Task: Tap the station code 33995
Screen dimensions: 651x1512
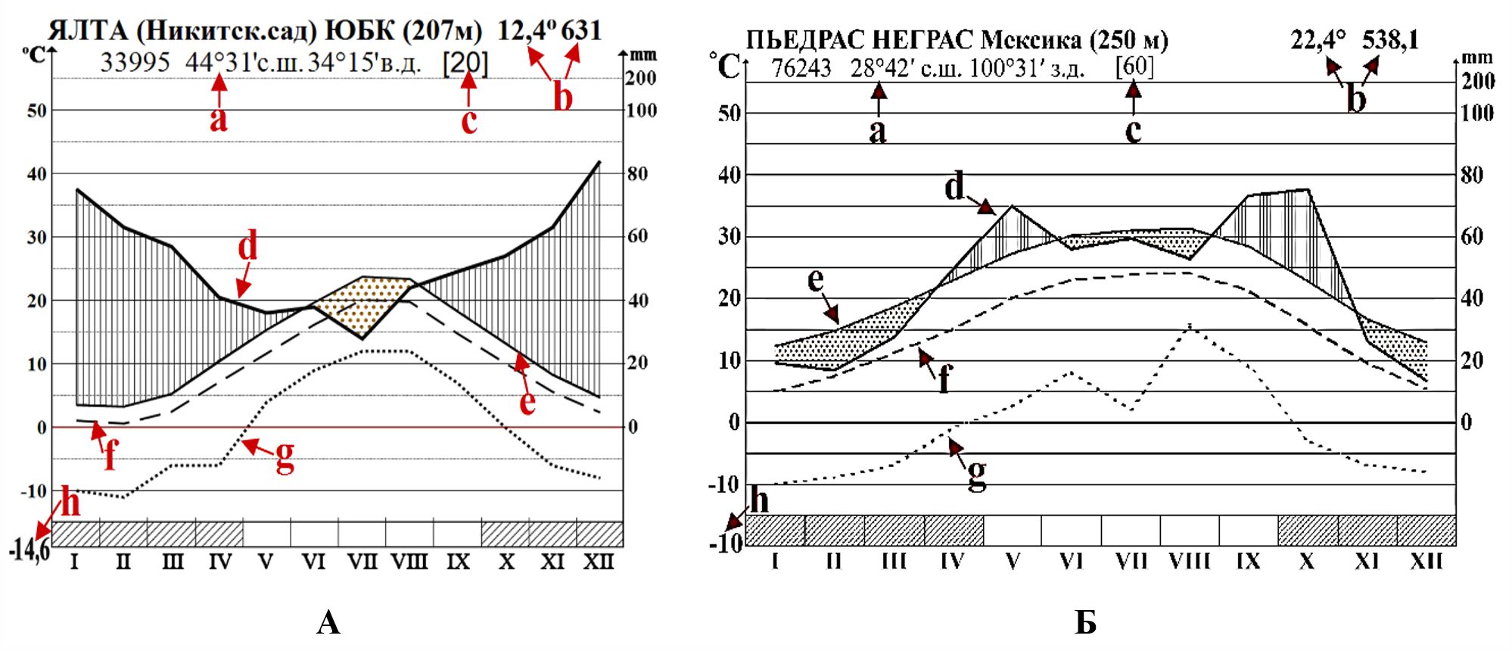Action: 135,62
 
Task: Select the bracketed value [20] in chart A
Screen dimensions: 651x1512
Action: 465,64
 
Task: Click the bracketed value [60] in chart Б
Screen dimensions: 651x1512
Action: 1134,67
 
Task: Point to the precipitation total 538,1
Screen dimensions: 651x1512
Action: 1390,39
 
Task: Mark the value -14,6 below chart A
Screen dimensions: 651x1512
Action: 29,550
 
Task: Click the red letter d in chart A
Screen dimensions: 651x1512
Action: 247,246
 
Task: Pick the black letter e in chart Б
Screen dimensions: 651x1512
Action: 816,279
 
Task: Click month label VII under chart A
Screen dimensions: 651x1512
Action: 362,562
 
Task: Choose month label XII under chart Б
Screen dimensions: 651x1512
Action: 1426,561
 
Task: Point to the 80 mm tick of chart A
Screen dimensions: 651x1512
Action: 637,174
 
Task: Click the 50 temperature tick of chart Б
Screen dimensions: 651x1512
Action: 729,114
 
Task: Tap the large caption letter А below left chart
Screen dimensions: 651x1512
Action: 328,622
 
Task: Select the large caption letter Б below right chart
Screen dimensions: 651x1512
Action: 1085,622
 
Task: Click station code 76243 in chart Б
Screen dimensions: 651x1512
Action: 801,68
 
